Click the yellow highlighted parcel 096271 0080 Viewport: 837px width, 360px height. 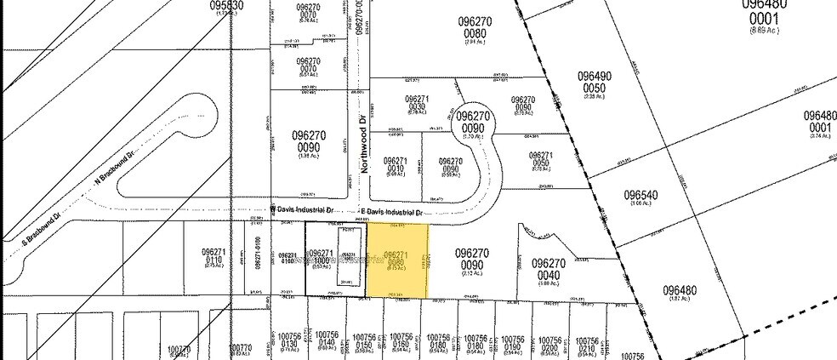tap(397, 260)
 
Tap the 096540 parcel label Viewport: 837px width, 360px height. tap(646, 195)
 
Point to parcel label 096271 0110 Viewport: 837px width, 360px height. tap(214, 258)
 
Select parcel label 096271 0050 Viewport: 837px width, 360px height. tap(542, 161)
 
